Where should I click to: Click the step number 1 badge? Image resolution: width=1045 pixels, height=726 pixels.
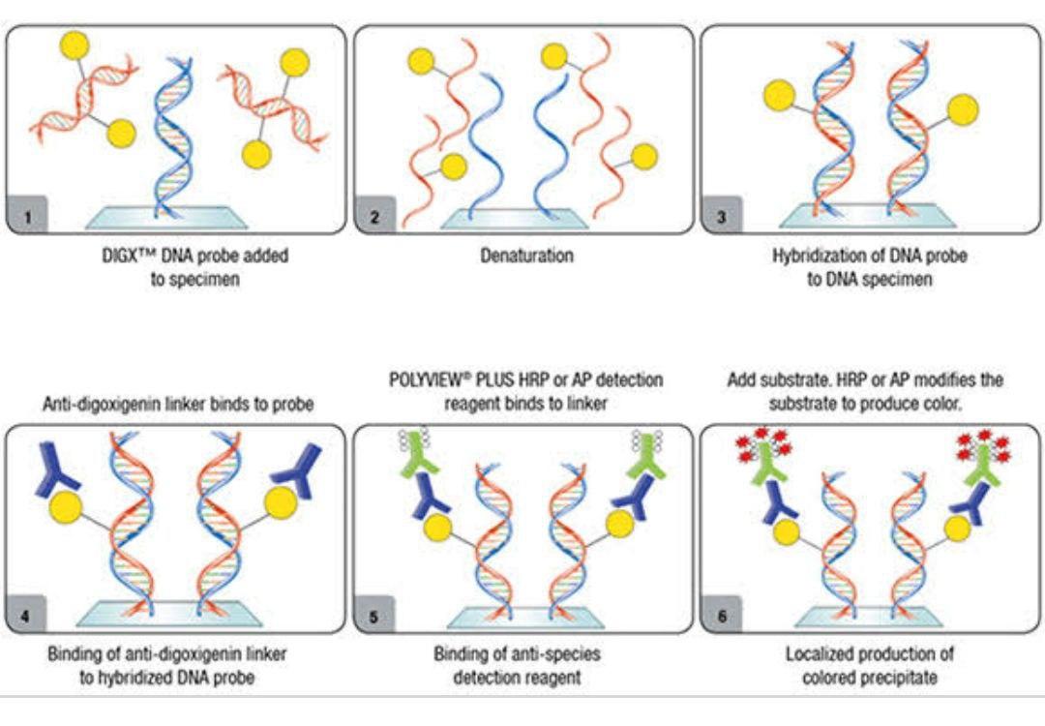(26, 217)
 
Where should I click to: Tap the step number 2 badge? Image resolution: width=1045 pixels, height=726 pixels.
(374, 217)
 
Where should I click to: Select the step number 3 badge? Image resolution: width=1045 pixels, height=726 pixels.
(721, 217)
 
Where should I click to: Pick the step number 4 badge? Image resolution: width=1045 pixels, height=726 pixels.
(26, 616)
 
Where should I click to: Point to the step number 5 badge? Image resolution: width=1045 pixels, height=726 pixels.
(374, 616)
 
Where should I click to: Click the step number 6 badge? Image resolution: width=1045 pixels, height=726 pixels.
(721, 616)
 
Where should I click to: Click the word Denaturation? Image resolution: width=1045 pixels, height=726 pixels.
(526, 257)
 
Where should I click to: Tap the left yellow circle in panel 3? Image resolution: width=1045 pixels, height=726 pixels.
(780, 95)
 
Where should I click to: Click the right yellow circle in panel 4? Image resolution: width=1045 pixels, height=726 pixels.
(281, 502)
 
